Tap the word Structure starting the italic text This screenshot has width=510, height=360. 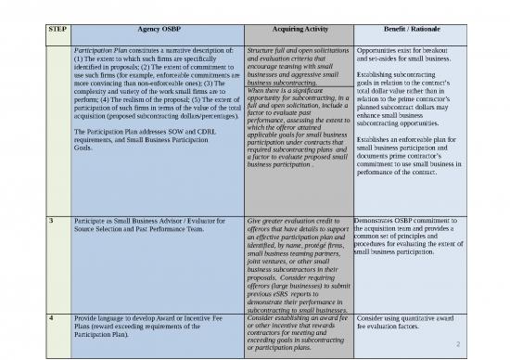(x=265, y=45)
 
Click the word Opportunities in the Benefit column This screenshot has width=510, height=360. (x=379, y=45)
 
